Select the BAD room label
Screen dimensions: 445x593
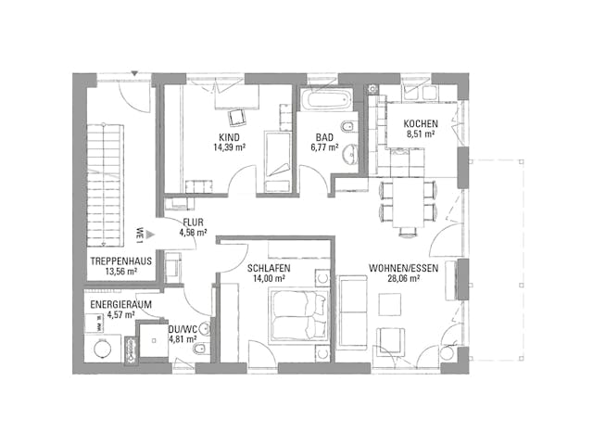323,135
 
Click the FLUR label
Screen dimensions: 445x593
193,223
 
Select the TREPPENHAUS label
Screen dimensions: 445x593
120,262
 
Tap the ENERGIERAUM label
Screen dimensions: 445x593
120,304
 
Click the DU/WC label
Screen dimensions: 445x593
182,328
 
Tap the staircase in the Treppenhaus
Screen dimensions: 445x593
104,185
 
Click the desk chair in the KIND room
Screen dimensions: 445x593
236,117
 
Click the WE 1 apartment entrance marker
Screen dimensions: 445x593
139,233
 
